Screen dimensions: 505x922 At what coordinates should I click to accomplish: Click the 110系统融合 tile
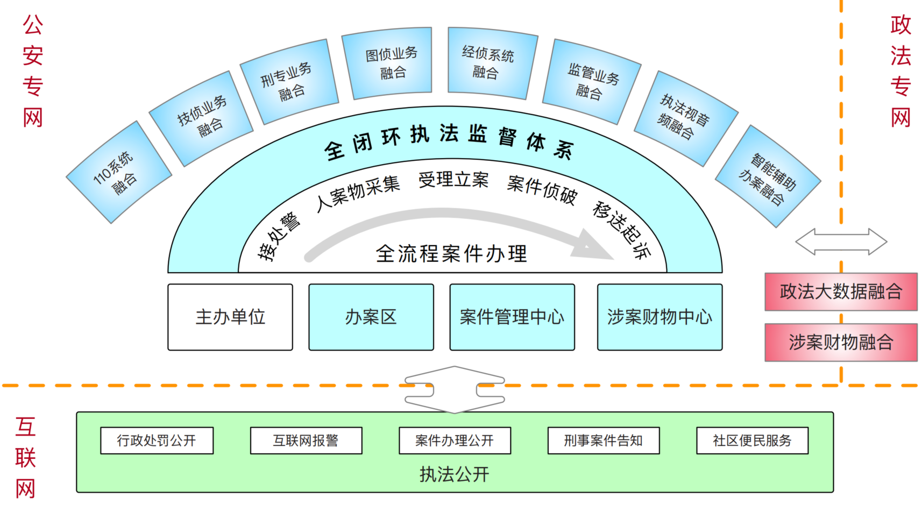point(119,172)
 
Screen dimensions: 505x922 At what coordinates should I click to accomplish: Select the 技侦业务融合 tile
point(201,119)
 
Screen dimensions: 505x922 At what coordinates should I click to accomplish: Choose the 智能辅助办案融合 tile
point(768,176)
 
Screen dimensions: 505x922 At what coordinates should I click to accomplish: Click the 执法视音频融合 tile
point(685,119)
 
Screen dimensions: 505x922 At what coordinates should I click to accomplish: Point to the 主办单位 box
point(230,317)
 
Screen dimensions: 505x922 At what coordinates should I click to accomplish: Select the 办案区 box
point(371,317)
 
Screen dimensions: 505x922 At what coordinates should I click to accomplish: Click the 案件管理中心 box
point(512,317)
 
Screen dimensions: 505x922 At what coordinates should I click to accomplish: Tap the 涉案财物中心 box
point(659,317)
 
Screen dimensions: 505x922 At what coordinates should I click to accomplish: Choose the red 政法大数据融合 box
point(841,291)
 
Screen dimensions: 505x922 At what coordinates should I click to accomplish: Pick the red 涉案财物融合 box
point(841,342)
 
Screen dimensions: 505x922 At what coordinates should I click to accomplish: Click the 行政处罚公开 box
point(157,440)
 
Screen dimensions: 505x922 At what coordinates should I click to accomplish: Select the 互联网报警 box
point(306,440)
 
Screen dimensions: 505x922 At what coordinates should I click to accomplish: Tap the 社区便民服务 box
point(752,440)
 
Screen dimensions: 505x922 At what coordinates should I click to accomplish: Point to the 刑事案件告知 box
point(603,440)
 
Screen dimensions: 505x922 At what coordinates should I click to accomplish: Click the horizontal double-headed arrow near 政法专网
point(841,241)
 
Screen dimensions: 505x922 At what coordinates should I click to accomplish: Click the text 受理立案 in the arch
point(453,180)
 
